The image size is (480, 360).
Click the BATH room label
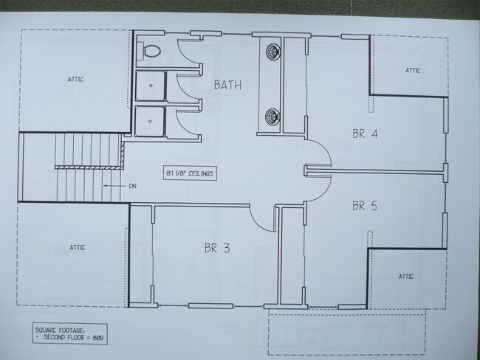click(227, 85)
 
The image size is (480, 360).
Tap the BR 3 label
click(216, 249)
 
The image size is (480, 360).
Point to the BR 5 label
click(364, 205)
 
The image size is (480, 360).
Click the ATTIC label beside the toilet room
click(76, 78)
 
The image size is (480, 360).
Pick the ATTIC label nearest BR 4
click(412, 71)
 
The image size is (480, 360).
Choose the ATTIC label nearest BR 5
click(405, 277)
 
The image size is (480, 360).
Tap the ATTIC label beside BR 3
click(77, 247)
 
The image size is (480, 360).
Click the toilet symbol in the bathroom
click(150, 51)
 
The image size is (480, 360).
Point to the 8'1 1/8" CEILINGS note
click(190, 173)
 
